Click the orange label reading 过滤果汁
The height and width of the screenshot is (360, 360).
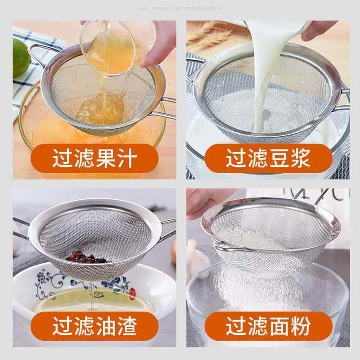click(x=94, y=159)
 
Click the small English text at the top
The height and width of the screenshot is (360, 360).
click(x=180, y=8)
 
